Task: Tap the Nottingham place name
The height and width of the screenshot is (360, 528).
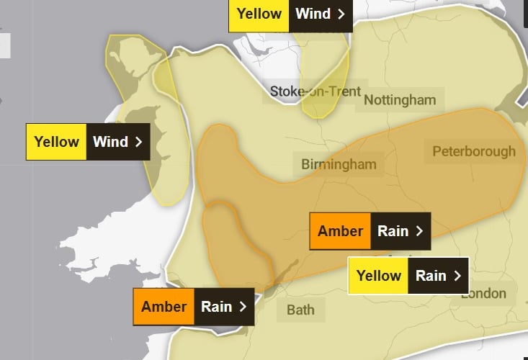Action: tap(400, 99)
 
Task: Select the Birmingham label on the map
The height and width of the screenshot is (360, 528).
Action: tap(339, 164)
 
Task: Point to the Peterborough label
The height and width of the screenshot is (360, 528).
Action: tap(474, 151)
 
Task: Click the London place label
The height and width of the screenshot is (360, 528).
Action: tap(483, 293)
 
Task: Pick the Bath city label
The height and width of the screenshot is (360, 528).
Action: tap(300, 310)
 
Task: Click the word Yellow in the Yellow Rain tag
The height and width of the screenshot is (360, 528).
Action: tap(379, 276)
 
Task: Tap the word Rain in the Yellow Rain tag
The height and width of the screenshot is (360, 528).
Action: tap(431, 276)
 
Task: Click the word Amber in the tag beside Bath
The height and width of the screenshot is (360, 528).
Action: tap(164, 307)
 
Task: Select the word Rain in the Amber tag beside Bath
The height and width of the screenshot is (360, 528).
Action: tap(216, 307)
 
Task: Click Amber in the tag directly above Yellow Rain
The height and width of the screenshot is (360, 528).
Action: tap(340, 231)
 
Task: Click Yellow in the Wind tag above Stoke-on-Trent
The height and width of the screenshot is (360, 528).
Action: tap(259, 14)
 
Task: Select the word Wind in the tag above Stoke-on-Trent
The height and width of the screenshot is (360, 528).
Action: tap(313, 14)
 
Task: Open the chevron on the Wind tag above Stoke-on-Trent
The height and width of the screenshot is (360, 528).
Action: tap(341, 14)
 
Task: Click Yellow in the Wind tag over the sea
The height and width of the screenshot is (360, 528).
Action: tap(56, 142)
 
